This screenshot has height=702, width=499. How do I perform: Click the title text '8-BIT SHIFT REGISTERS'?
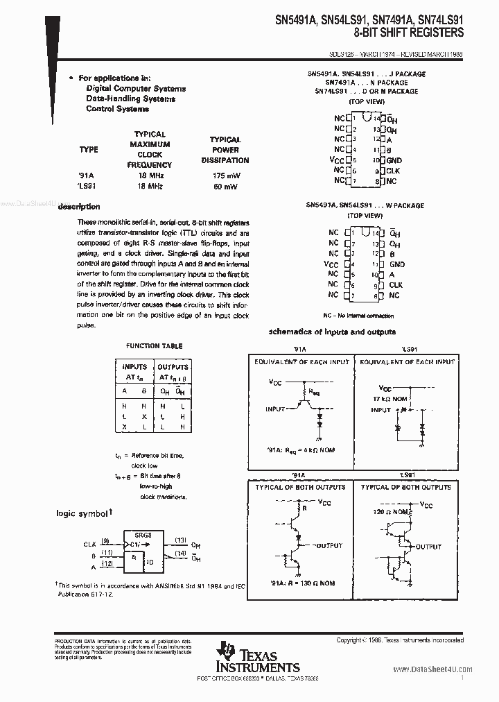tap(405, 33)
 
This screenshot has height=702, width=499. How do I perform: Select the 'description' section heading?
tap(79, 207)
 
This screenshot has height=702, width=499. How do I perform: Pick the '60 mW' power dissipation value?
tap(225, 187)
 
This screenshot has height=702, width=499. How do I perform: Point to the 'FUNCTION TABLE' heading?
tap(154, 345)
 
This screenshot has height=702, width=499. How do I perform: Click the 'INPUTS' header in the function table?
tap(134, 367)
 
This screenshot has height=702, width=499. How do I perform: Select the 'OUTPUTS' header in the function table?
tap(173, 367)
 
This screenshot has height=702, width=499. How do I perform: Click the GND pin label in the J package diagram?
tap(394, 160)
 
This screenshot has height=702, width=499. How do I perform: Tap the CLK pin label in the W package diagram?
tap(395, 285)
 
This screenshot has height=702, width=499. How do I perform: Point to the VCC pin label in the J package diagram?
tap(337, 160)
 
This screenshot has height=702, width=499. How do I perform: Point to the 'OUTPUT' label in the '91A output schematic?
tap(331, 546)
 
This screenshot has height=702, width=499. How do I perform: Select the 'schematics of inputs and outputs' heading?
tap(332, 332)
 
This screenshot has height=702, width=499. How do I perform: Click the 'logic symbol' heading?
tap(82, 514)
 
